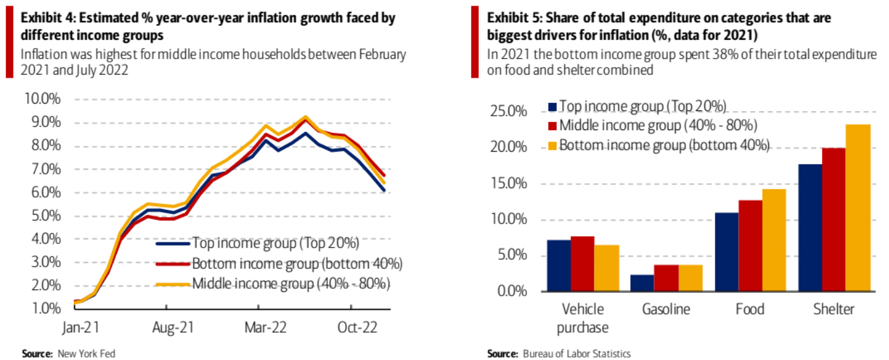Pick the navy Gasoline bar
pyautogui.click(x=642, y=283)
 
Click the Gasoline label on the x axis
pyautogui.click(x=665, y=309)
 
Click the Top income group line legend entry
pyautogui.click(x=275, y=243)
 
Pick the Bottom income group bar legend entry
pyautogui.click(x=663, y=145)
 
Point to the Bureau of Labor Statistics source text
pyautogui.click(x=576, y=354)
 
